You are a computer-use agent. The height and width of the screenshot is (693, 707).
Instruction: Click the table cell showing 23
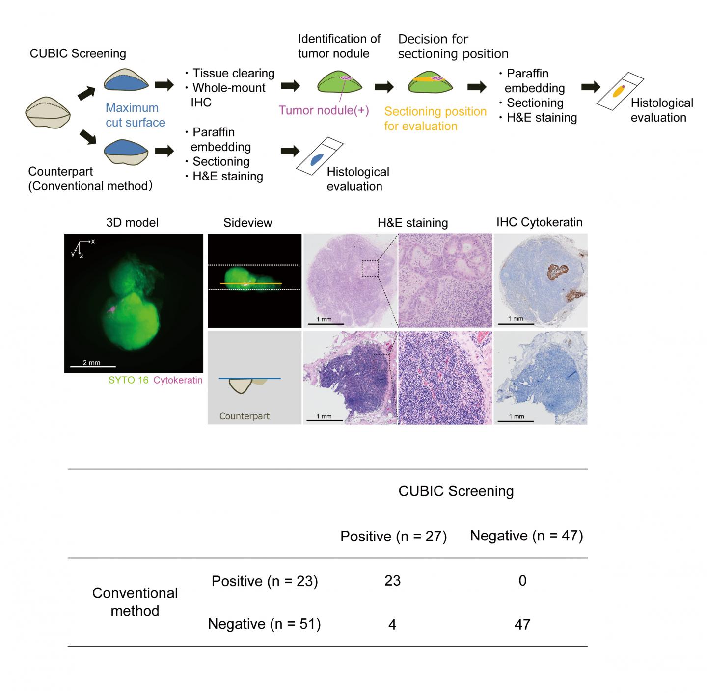(x=392, y=580)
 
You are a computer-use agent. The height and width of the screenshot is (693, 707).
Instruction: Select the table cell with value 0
(x=522, y=580)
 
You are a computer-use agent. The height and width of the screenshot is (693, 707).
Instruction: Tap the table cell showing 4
(x=392, y=624)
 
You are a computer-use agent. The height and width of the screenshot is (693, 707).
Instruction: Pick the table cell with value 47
(x=522, y=624)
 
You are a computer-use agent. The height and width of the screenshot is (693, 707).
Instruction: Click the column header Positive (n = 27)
(x=393, y=536)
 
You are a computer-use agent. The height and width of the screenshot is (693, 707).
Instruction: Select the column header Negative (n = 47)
(x=526, y=536)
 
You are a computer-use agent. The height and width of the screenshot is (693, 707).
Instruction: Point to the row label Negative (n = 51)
(x=264, y=624)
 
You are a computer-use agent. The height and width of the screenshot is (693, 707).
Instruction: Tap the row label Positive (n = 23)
(x=265, y=581)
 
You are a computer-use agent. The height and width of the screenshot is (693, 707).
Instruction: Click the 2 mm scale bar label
(x=91, y=362)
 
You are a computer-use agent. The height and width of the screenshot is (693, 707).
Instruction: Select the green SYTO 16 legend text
(x=128, y=380)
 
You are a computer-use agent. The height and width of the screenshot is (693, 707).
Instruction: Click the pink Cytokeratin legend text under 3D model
(x=178, y=380)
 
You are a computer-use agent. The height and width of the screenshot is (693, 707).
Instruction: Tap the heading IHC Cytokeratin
(x=539, y=222)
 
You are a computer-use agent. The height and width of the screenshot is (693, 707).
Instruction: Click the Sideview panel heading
(x=247, y=223)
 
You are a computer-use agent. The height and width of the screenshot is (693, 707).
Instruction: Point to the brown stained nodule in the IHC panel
(x=557, y=271)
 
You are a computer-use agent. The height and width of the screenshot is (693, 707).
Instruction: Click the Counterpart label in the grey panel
(x=244, y=416)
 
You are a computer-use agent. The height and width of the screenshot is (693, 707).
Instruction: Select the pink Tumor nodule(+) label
(x=324, y=110)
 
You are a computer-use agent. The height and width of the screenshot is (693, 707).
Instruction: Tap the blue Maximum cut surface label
(x=136, y=115)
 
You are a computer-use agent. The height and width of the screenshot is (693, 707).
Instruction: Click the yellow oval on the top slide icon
(x=618, y=91)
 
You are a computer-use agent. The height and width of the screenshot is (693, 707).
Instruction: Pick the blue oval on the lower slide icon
(x=317, y=159)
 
